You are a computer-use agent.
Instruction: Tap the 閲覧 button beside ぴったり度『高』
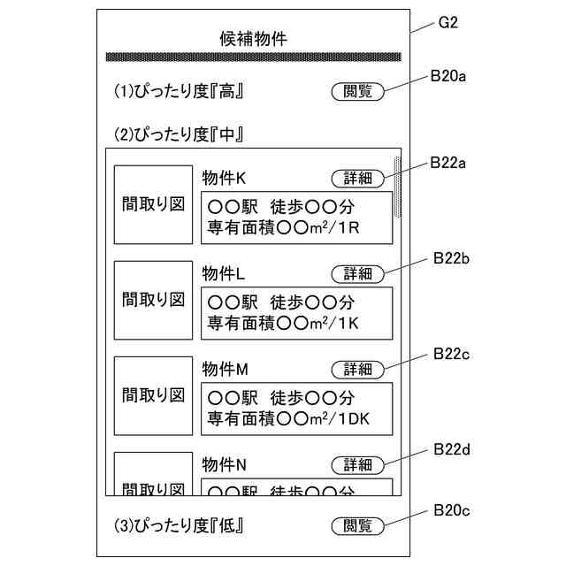[x=358, y=91]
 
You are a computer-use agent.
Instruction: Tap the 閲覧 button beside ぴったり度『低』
[x=358, y=525]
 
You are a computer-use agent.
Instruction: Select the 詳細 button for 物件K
[x=358, y=179]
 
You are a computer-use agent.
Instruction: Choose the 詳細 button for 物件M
[x=358, y=369]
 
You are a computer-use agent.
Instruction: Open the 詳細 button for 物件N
[x=358, y=464]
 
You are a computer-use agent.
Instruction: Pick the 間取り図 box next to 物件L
[x=153, y=300]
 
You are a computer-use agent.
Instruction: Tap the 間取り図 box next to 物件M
[x=153, y=395]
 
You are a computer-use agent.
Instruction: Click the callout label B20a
[x=448, y=76]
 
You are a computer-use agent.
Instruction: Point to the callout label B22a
[x=448, y=164]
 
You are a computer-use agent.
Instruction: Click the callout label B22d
[x=451, y=449]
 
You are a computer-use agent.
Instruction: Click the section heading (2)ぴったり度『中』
[x=179, y=135]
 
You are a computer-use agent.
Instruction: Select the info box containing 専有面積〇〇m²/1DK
[x=296, y=407]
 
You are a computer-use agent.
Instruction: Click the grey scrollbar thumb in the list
[x=397, y=187]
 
